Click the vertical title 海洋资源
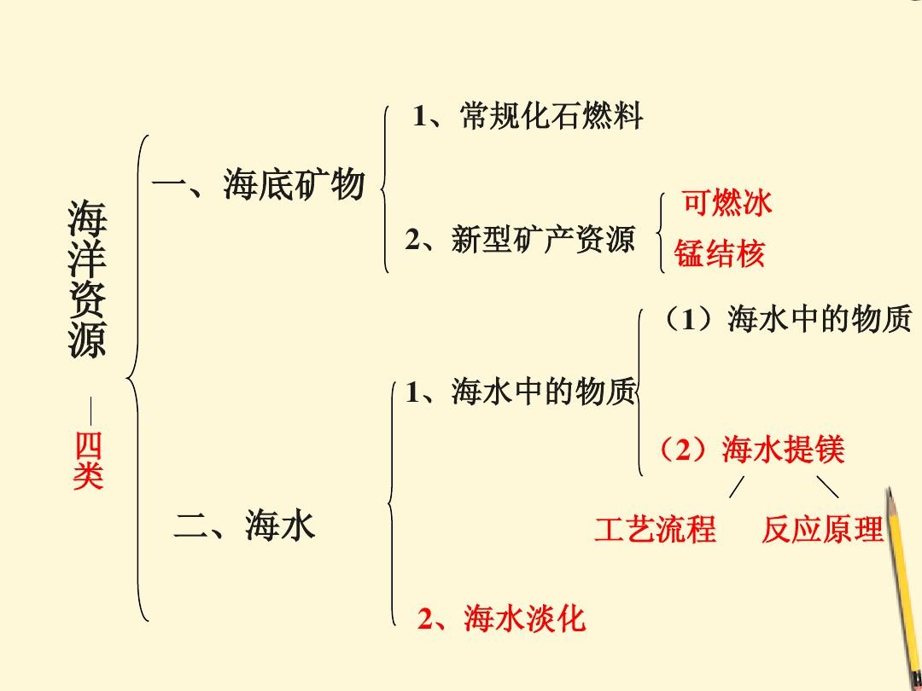[87, 278]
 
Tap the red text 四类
[88, 461]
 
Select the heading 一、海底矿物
[259, 184]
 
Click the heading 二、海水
[245, 526]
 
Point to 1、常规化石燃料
[528, 116]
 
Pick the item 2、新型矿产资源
[520, 239]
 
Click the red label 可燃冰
[727, 203]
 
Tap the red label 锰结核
[719, 254]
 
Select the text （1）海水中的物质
[785, 319]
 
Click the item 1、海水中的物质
[521, 392]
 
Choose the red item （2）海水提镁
[751, 450]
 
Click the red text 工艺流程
[655, 528]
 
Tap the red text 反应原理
[822, 528]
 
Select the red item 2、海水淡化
[502, 618]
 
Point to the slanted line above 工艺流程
[737, 487]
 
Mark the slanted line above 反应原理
[828, 487]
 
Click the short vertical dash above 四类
[90, 410]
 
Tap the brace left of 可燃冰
[662, 233]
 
